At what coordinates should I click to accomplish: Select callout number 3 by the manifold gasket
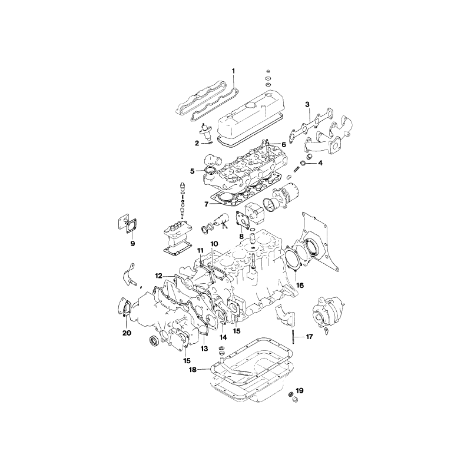click(307, 104)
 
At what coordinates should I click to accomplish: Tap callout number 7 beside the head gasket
click(207, 204)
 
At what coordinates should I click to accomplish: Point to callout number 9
click(132, 243)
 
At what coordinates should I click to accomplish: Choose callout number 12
click(158, 275)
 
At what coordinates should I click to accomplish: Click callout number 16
click(300, 285)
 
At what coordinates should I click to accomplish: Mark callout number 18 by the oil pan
click(192, 370)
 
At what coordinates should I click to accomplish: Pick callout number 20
click(126, 333)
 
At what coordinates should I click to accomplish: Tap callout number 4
click(321, 162)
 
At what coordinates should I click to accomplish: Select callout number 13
click(204, 349)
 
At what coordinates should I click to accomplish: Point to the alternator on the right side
click(330, 309)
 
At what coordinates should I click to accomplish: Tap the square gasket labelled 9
click(130, 225)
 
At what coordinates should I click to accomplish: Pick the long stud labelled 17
click(293, 338)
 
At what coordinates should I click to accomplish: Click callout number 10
click(214, 244)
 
